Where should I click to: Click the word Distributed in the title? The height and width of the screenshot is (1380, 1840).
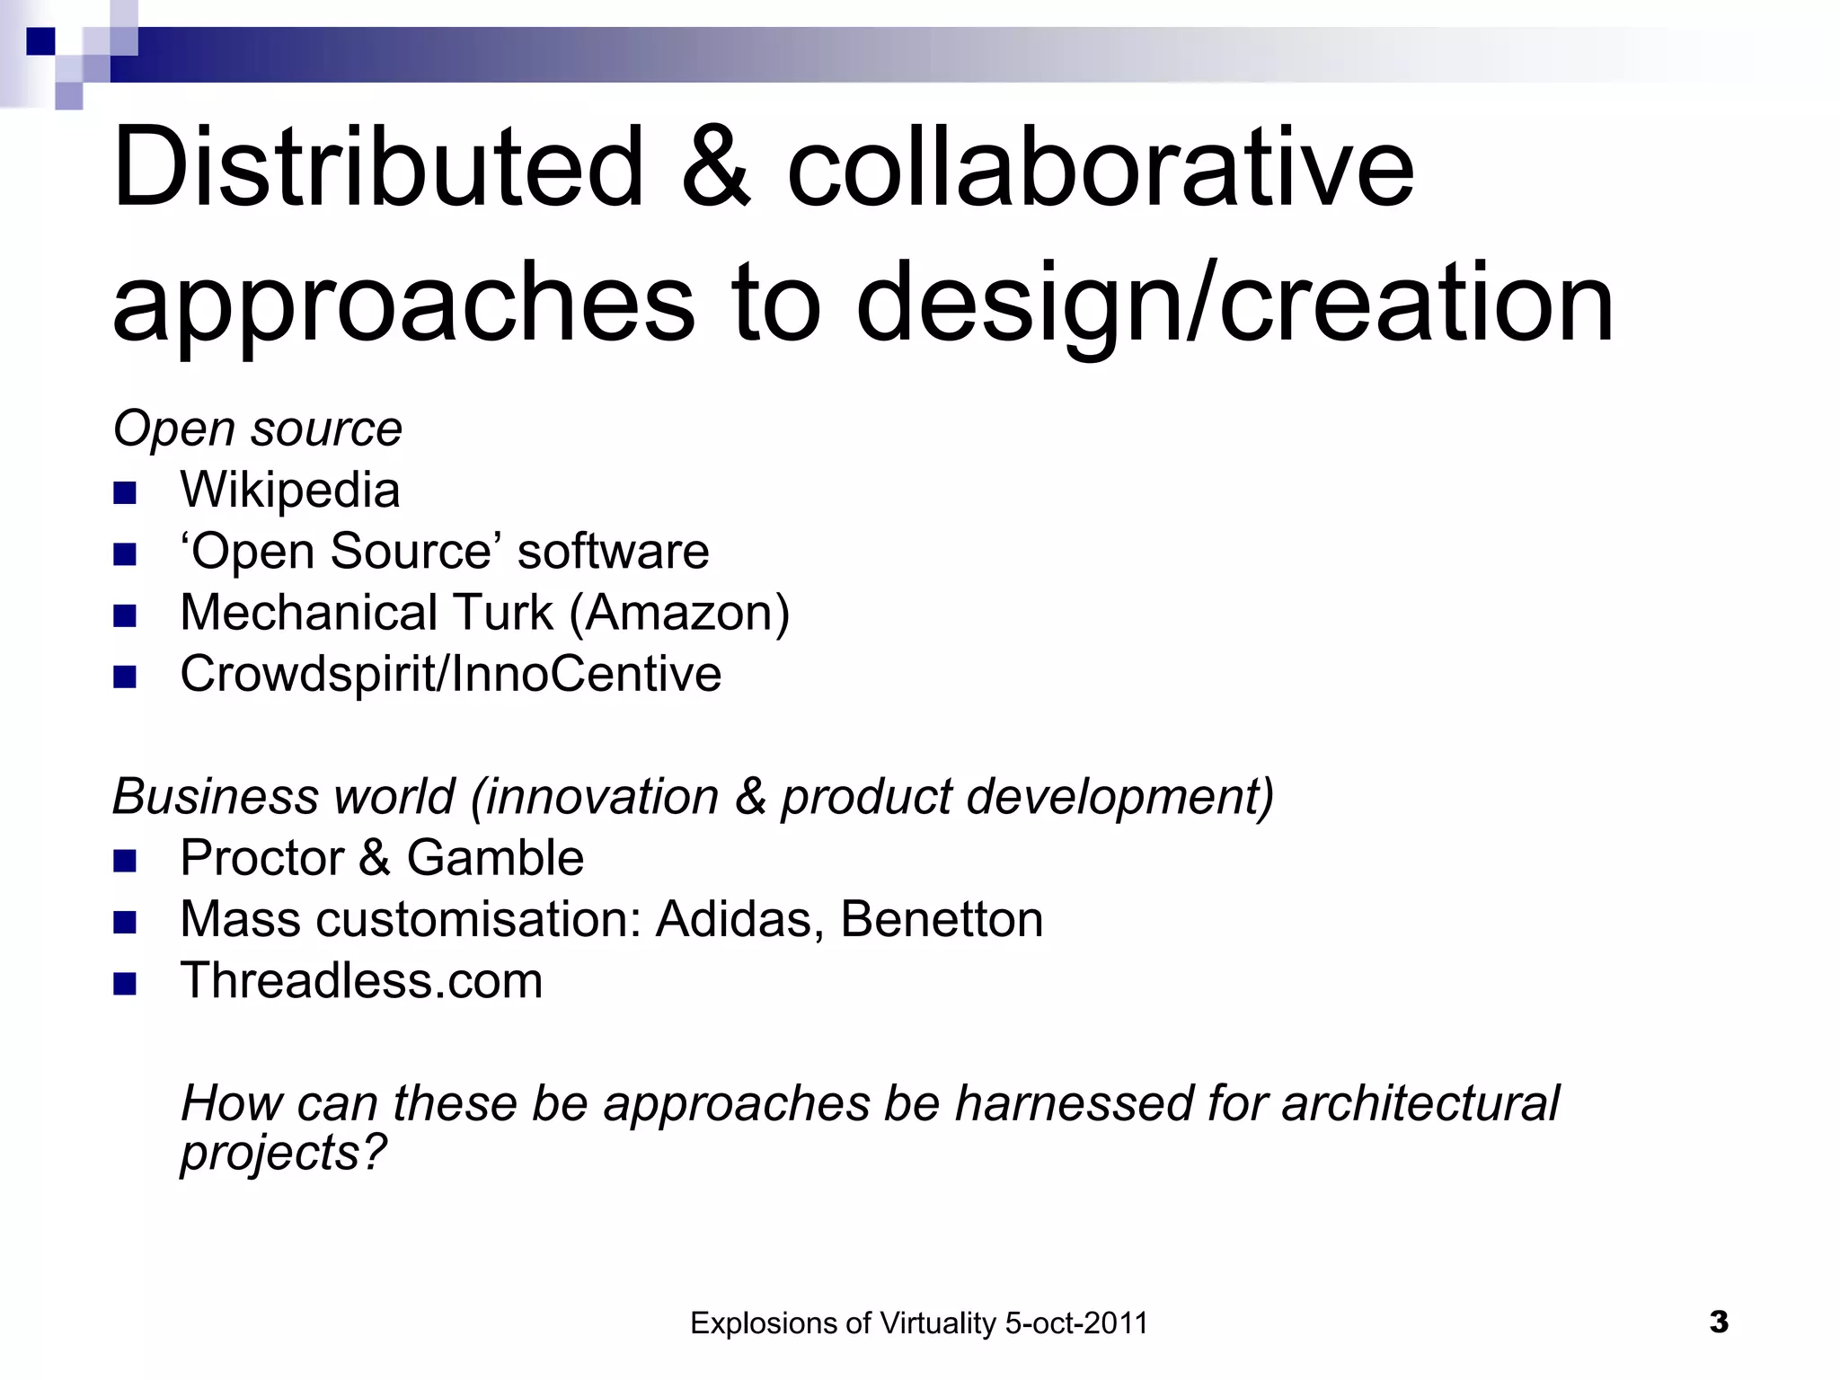point(378,167)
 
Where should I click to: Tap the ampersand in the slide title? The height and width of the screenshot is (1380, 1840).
point(715,167)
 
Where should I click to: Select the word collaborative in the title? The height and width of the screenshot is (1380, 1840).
point(1101,167)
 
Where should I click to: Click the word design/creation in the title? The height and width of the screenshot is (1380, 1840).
point(1235,304)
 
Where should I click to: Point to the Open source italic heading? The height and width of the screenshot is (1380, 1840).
point(258,429)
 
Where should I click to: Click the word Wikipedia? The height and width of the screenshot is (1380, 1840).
point(289,491)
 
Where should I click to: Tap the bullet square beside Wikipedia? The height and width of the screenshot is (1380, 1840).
point(125,493)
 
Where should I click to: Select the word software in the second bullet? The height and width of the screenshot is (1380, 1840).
point(613,552)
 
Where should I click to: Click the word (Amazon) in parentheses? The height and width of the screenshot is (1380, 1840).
point(679,614)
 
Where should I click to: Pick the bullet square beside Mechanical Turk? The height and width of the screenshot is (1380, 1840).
point(125,615)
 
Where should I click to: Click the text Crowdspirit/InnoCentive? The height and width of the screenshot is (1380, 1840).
point(450,674)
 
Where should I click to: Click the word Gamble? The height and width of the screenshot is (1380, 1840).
point(495,858)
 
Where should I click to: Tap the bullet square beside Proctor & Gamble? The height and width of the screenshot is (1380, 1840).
point(125,862)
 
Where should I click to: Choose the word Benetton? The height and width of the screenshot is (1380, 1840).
point(942,920)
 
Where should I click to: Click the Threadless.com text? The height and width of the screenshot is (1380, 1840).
point(361,981)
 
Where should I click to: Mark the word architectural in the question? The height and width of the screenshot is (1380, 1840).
point(1420,1103)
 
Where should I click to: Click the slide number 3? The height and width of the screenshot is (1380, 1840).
point(1719,1322)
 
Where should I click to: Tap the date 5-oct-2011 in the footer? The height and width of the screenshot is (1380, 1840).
point(1076,1324)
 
